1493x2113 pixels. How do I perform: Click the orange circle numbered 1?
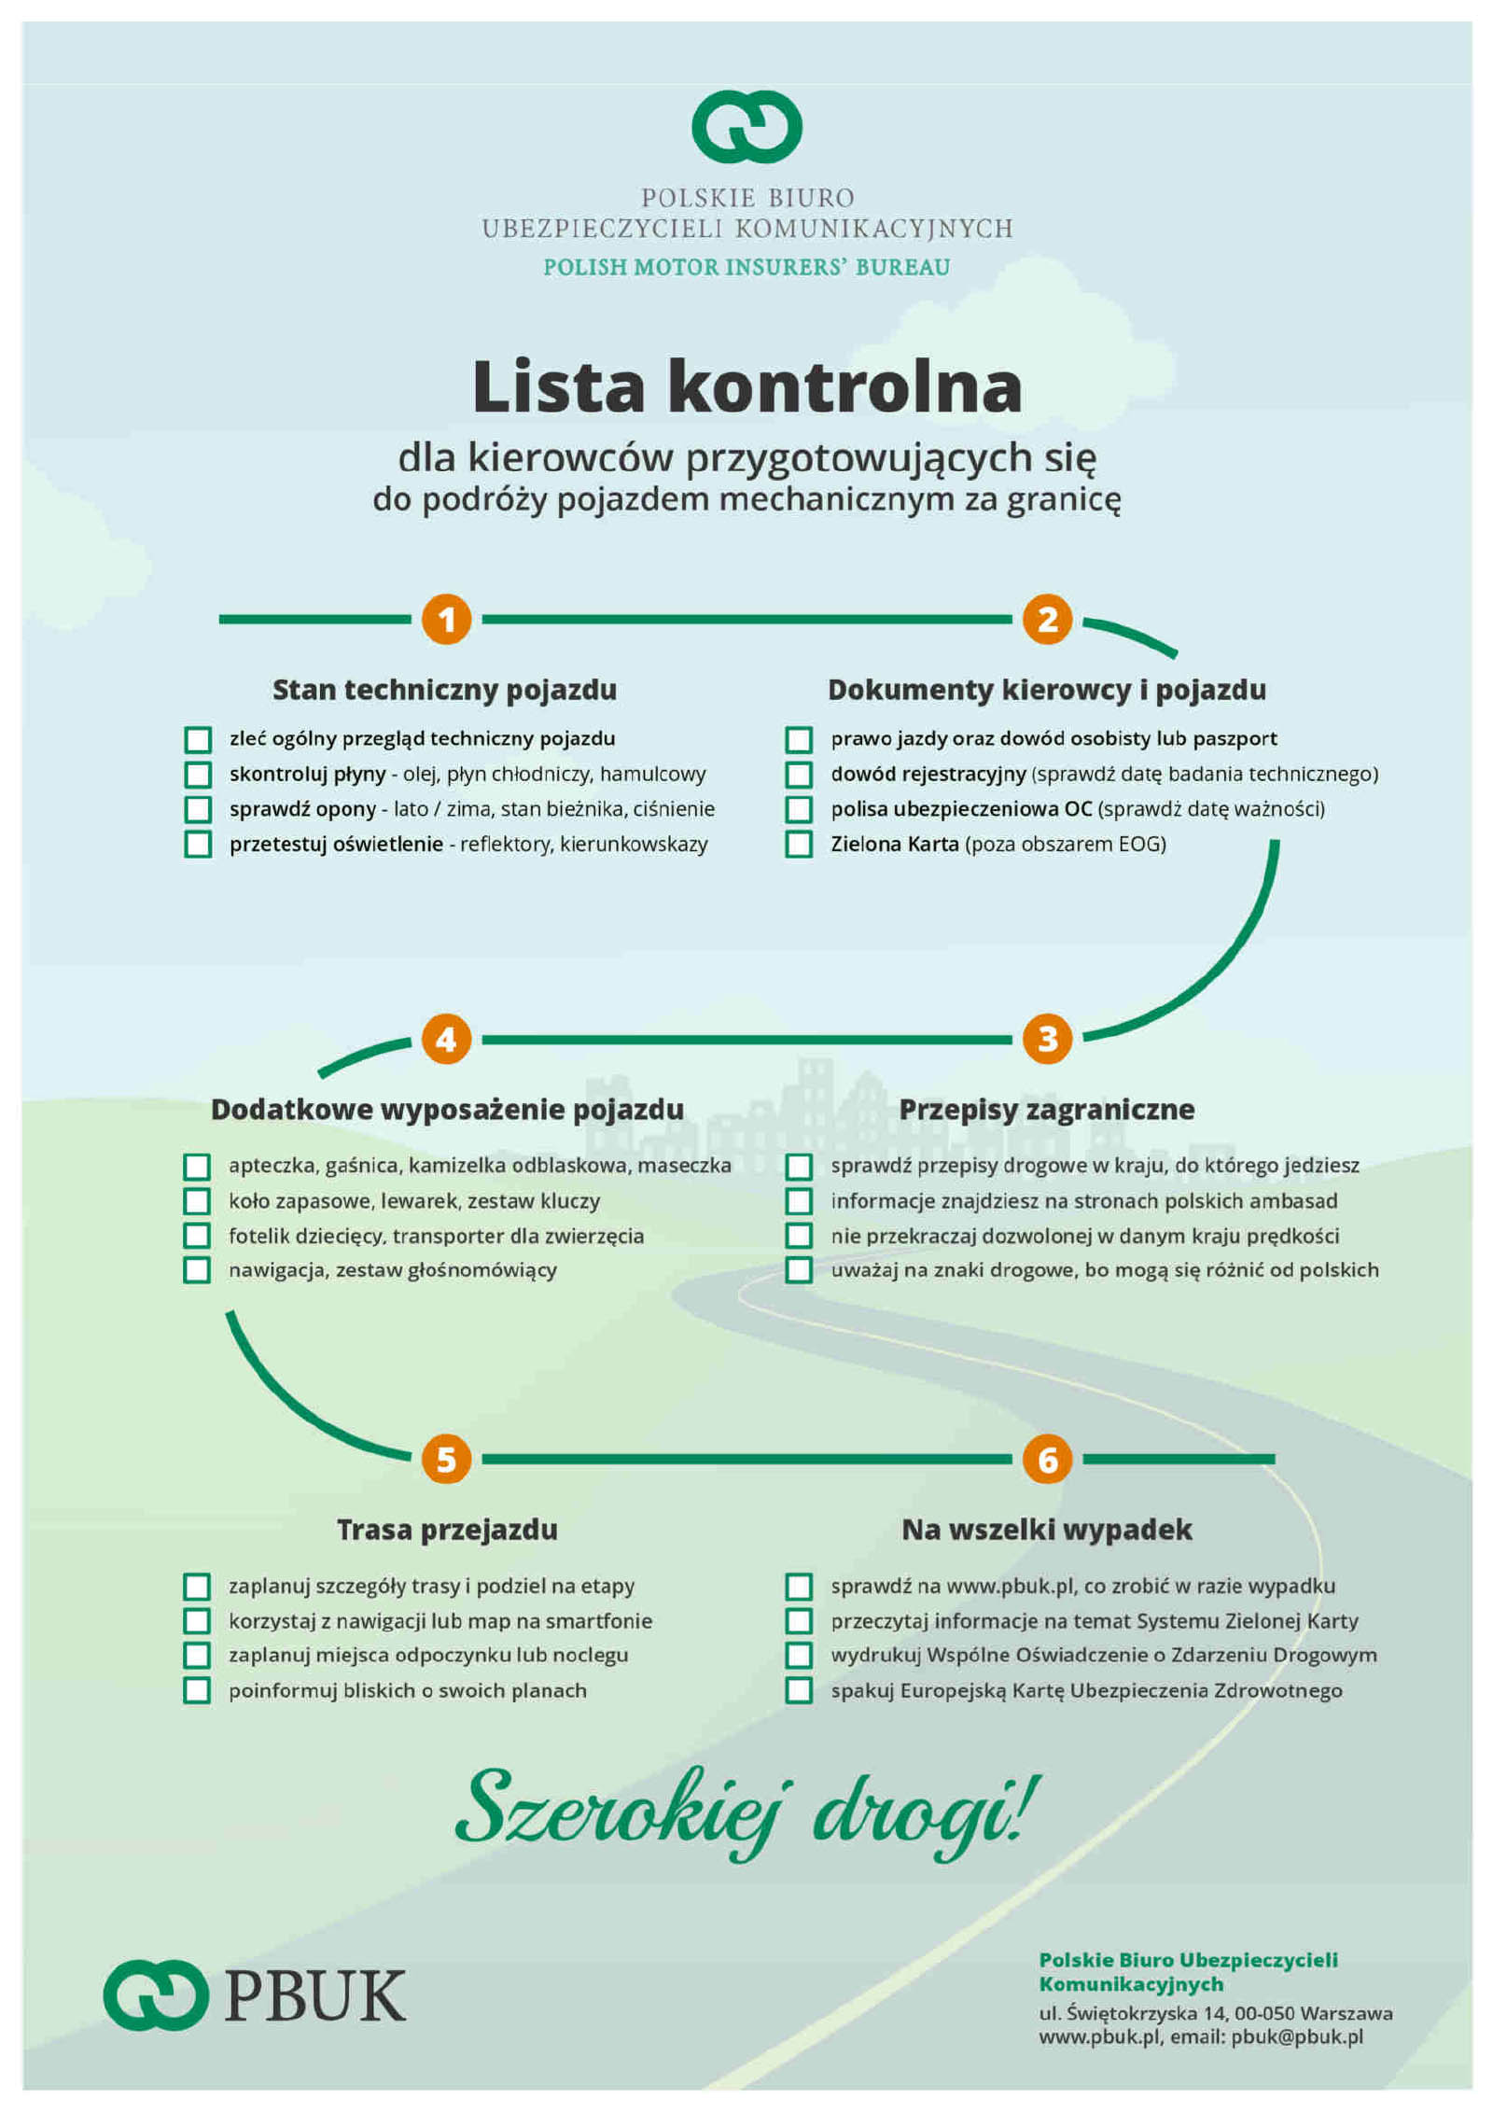click(x=446, y=619)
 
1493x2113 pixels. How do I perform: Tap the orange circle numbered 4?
click(x=446, y=1038)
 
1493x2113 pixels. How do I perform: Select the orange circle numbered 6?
click(x=1047, y=1459)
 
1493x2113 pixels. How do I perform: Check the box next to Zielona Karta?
click(x=799, y=844)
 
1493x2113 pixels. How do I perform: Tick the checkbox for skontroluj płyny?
click(x=198, y=774)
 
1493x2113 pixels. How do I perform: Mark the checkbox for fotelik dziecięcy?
click(x=197, y=1235)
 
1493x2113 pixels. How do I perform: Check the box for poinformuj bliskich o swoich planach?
click(x=197, y=1690)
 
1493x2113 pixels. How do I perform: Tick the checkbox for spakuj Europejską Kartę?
click(x=799, y=1690)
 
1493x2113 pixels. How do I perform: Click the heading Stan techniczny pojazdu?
click(x=444, y=690)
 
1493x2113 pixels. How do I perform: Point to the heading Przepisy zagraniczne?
click(x=1046, y=1109)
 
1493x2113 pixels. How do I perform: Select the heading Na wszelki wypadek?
click(x=1046, y=1530)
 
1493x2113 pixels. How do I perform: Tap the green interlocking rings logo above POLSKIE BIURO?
click(x=746, y=126)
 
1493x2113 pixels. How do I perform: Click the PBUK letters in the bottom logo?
click(x=315, y=1996)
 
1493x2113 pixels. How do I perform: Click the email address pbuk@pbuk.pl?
click(x=1297, y=2036)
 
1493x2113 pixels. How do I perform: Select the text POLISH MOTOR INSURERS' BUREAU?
click(x=746, y=267)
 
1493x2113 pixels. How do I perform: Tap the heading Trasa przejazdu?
click(x=447, y=1530)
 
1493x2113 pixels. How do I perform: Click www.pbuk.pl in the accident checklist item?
click(x=1013, y=1586)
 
